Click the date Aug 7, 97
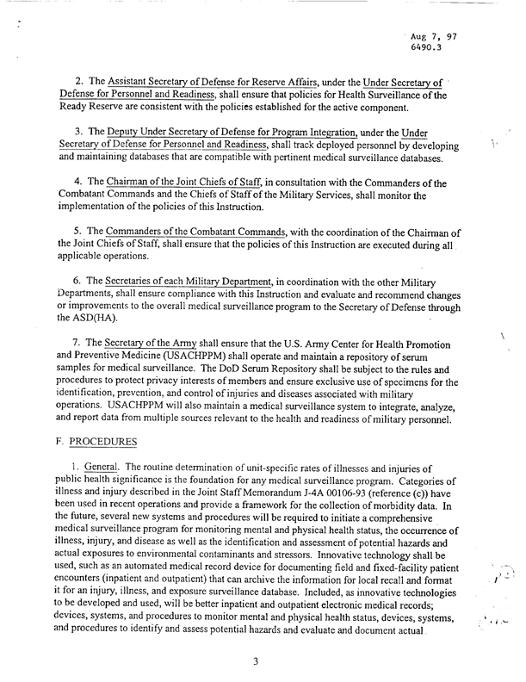(x=436, y=39)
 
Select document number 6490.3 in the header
(x=429, y=51)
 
